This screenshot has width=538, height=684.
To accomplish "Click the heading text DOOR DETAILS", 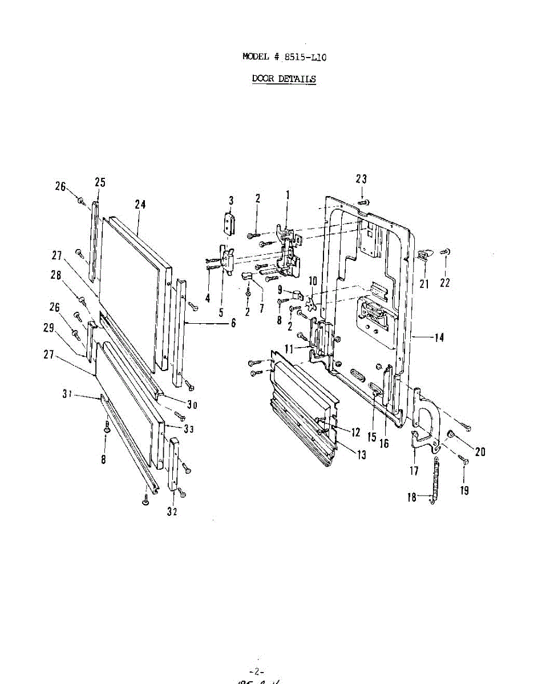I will pos(284,79).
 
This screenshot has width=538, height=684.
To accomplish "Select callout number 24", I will pos(140,204).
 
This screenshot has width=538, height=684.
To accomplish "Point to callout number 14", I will pos(438,337).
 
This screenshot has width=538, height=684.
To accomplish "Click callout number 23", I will pos(361,179).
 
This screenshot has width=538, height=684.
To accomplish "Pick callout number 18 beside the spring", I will pos(412,497).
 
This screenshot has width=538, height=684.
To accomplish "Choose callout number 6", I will pos(233,323).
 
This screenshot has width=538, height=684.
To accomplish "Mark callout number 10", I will pos(313,281).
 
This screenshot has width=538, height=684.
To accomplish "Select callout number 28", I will pos(55,274).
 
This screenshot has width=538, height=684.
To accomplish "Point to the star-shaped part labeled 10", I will pos(311,302).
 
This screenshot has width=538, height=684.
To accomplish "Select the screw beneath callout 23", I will pos(363,202).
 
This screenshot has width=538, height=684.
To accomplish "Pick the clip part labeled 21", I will pos(423,254).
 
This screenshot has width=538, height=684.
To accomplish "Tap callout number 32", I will pos(172,511).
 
